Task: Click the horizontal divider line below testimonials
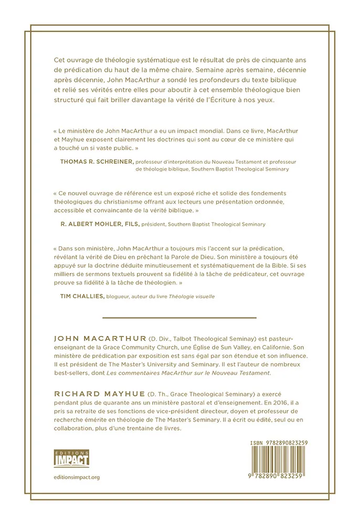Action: (179, 318)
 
